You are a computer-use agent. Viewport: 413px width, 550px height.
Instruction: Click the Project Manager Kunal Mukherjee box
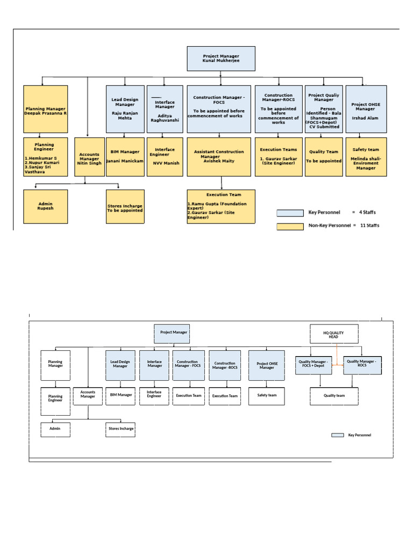click(x=221, y=59)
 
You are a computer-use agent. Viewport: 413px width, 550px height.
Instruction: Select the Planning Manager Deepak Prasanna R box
click(x=46, y=109)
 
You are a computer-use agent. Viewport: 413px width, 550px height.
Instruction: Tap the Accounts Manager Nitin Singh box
click(x=89, y=157)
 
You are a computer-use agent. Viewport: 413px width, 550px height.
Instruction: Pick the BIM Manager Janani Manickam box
click(x=125, y=157)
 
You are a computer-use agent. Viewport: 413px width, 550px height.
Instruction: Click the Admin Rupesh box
click(x=46, y=206)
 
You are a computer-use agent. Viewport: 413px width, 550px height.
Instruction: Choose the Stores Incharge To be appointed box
click(x=125, y=206)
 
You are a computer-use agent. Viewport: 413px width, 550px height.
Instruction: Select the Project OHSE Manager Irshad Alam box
click(x=366, y=109)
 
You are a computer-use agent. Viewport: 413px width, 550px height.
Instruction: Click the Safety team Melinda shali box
click(x=366, y=157)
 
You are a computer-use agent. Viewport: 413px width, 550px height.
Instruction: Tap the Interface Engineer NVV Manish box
click(x=165, y=157)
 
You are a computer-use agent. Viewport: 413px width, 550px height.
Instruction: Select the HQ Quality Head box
click(x=333, y=334)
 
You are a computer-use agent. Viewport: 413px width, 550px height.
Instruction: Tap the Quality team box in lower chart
click(x=334, y=396)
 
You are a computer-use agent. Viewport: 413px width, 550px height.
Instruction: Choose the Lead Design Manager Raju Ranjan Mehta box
click(x=125, y=109)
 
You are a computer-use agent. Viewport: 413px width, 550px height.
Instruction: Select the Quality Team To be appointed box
click(x=324, y=157)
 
